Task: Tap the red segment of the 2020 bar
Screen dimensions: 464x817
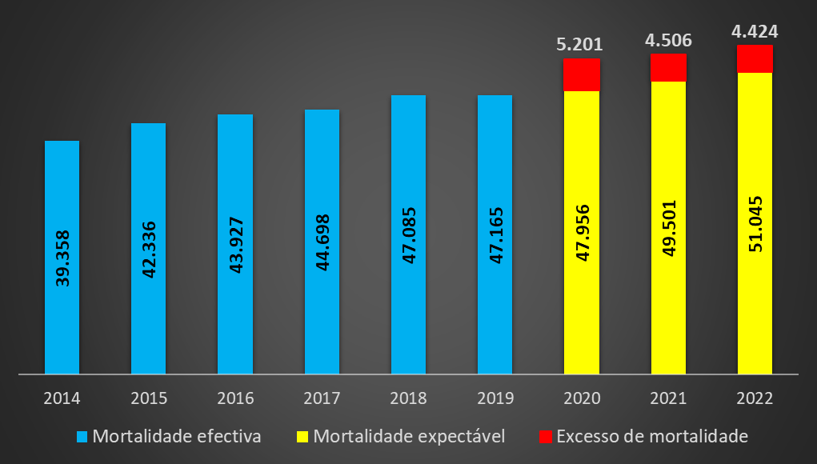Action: pos(582,74)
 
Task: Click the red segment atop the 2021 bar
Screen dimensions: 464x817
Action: pos(668,68)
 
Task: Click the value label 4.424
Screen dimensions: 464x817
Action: pos(755,32)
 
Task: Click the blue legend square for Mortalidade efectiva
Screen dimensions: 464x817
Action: pos(82,437)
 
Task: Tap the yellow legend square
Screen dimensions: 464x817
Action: pos(302,437)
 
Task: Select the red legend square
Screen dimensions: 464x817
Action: pos(545,437)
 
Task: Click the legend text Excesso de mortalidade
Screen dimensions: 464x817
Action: pos(651,437)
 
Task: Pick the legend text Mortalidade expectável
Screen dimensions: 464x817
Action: pos(409,437)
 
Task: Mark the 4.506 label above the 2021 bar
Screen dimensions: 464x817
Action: pos(667,40)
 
